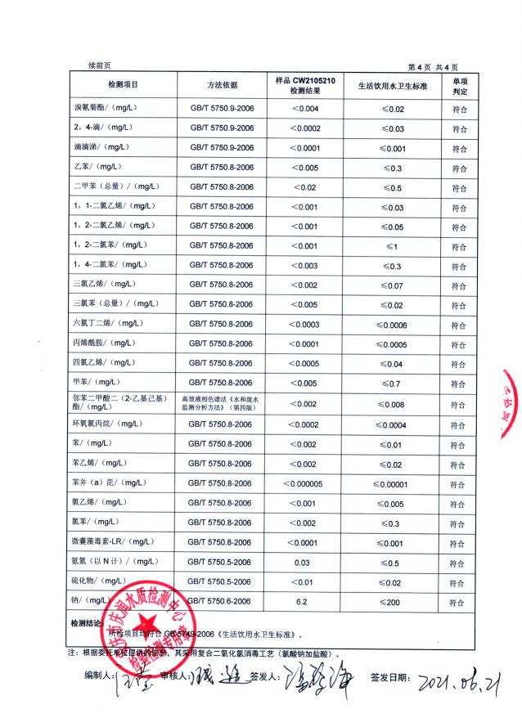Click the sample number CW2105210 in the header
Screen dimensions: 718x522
tap(324, 80)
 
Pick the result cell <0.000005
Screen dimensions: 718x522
tap(304, 483)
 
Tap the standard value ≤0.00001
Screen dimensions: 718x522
tap(392, 483)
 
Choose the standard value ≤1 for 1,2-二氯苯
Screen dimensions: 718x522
tap(392, 246)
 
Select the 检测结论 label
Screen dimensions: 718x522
tap(88, 623)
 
